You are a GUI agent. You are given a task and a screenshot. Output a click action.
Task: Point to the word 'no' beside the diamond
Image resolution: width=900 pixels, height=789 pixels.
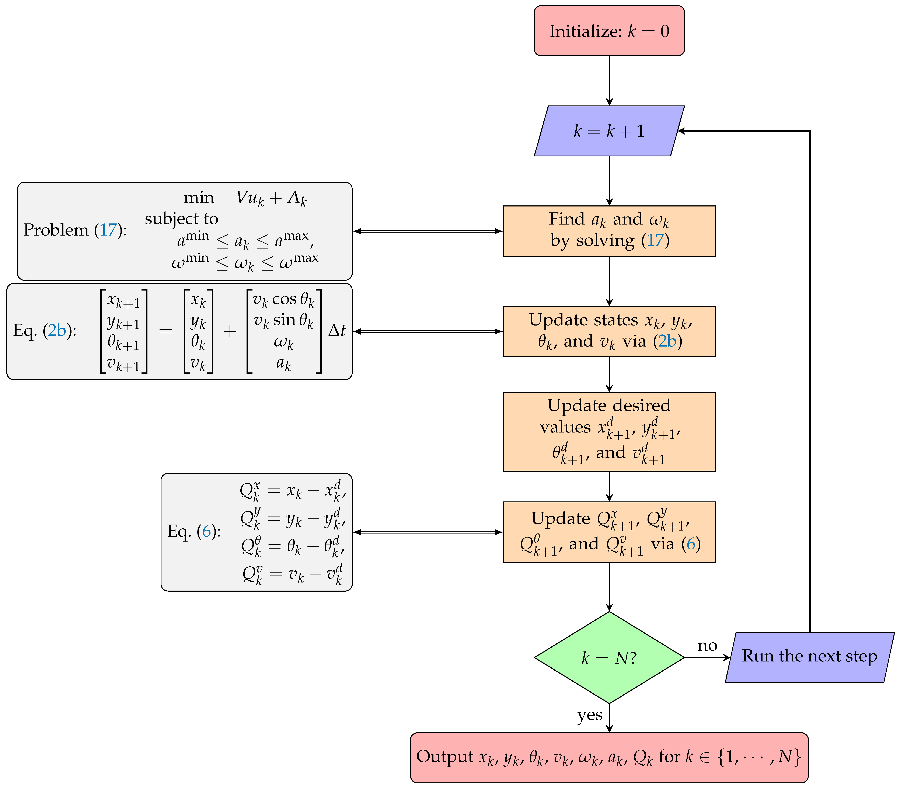click(x=707, y=646)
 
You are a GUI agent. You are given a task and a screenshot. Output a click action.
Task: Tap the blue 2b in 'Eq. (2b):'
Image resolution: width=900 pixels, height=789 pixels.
click(x=57, y=330)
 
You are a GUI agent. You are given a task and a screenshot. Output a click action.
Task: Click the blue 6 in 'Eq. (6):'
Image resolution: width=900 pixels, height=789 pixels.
click(x=206, y=531)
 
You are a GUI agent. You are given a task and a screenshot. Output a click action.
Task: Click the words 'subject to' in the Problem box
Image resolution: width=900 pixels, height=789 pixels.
click(x=181, y=219)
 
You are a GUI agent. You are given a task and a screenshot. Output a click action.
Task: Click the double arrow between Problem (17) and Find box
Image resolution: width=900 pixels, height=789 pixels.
click(x=427, y=231)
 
